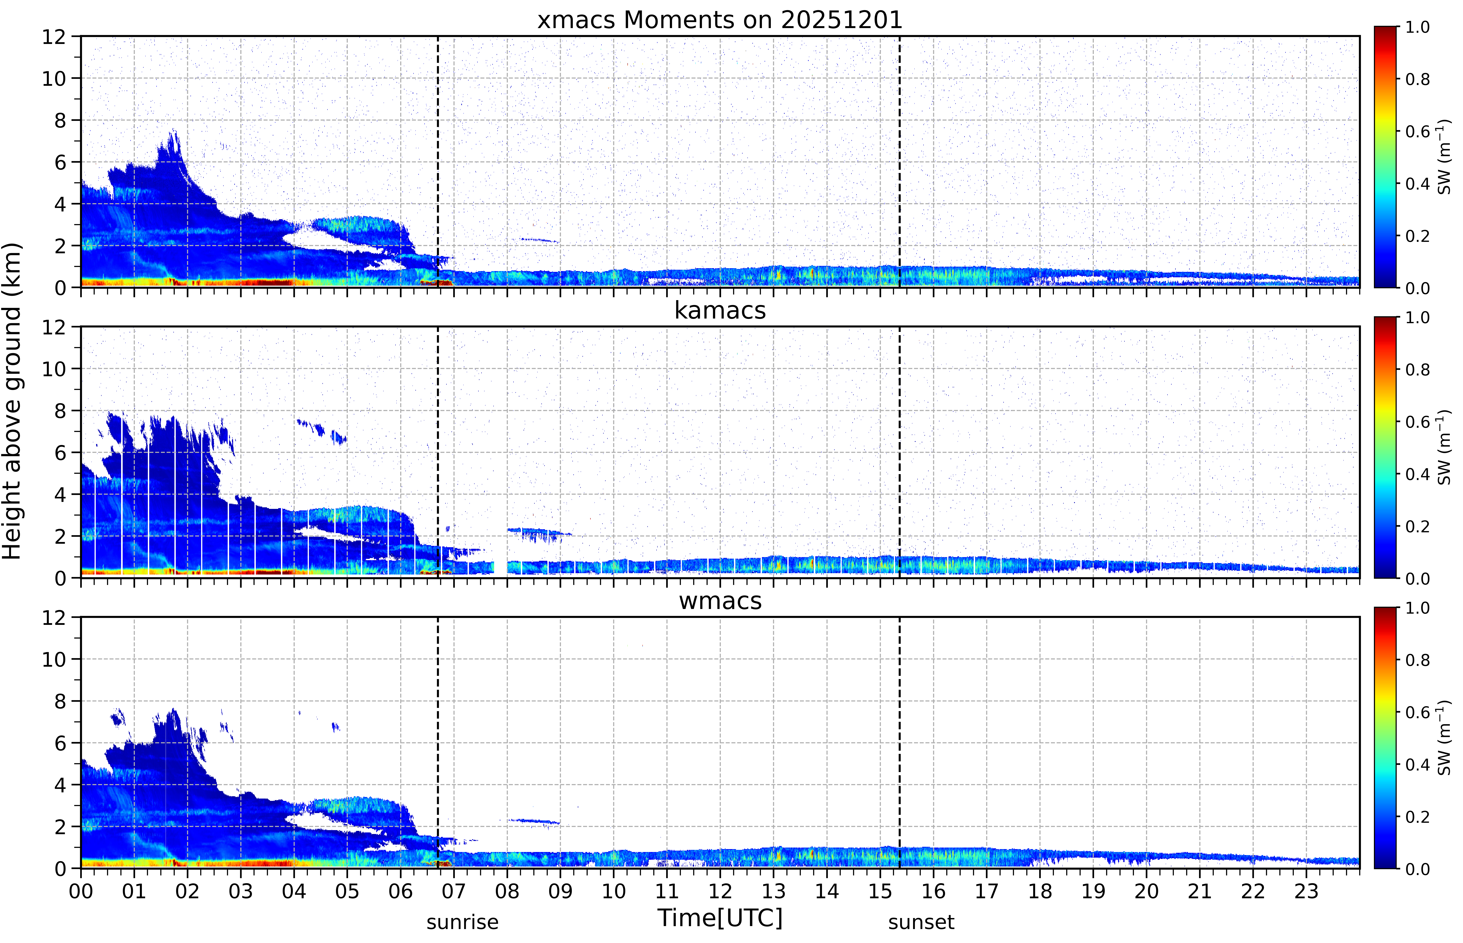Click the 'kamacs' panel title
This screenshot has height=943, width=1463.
coord(720,310)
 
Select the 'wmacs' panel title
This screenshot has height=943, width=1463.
coord(720,601)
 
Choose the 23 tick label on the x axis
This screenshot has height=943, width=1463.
coord(1306,891)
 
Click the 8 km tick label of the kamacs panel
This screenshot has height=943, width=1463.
coord(60,411)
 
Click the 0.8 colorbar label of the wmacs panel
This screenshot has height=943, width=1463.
coord(1417,660)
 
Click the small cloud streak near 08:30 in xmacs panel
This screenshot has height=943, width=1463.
coord(539,240)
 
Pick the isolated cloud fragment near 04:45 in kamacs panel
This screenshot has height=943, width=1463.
coord(338,437)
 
